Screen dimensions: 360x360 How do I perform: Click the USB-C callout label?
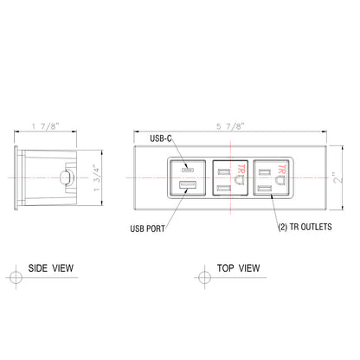click(x=162, y=138)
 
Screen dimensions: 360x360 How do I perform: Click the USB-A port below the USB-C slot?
click(x=187, y=187)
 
